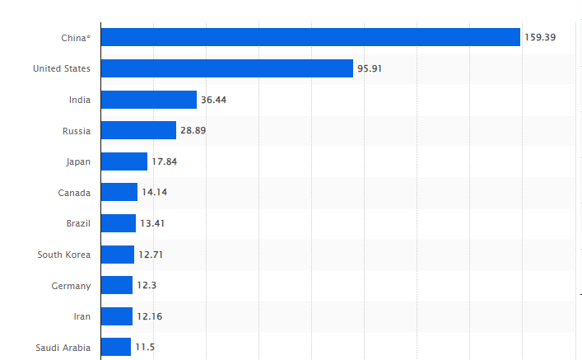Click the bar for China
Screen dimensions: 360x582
(x=310, y=37)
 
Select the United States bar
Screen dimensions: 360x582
(x=227, y=68)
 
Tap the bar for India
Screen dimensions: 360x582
(x=149, y=100)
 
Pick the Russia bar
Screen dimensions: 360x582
(x=138, y=130)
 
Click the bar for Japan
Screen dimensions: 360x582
(x=124, y=161)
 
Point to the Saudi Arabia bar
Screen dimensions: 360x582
(x=116, y=347)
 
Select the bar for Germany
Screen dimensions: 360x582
(x=117, y=285)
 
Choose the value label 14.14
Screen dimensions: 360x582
(x=155, y=192)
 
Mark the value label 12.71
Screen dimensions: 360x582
(x=151, y=254)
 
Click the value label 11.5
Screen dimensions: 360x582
(x=145, y=347)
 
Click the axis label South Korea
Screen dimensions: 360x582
(x=63, y=254)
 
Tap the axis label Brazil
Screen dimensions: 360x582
(x=78, y=223)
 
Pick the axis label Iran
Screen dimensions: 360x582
(x=81, y=316)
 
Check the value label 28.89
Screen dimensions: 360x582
(x=193, y=130)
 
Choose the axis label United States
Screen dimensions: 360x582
(x=62, y=68)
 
